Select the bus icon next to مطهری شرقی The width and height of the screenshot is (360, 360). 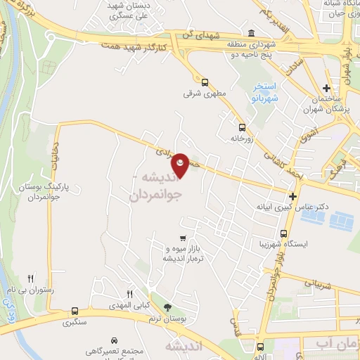[x=205, y=82]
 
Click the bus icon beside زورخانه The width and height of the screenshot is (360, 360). [x=243, y=127]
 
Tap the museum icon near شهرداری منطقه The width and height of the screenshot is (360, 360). [x=252, y=34]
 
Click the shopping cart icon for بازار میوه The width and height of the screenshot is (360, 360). [x=183, y=238]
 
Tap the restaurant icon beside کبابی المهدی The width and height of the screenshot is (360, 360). [x=129, y=294]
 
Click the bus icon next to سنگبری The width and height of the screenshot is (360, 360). [x=75, y=311]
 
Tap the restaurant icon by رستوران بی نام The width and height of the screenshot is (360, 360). [x=30, y=279]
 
